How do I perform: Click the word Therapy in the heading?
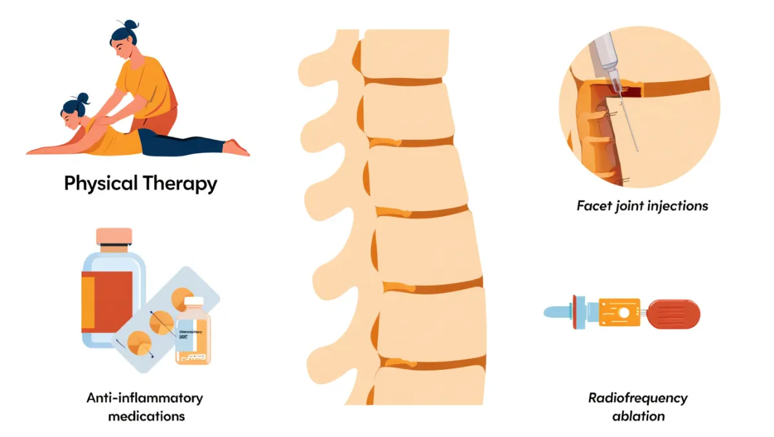[x=181, y=184]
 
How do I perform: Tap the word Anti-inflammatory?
[x=144, y=398]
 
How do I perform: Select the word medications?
[x=146, y=416]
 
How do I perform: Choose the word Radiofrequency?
[x=637, y=398]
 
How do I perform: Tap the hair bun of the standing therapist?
[x=132, y=25]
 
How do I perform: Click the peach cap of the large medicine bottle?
[x=114, y=237]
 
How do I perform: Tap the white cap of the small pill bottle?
[x=193, y=303]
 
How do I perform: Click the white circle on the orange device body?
[x=624, y=313]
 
